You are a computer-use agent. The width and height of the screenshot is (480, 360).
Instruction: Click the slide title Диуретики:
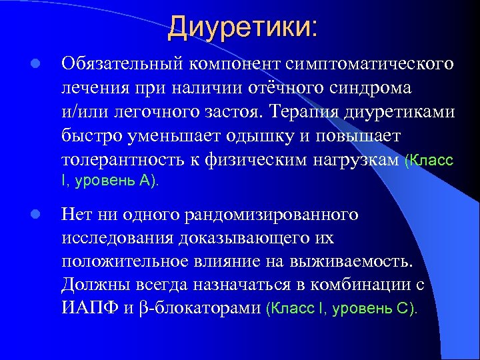coord(243,27)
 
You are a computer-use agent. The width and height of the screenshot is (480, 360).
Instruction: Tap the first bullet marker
coord(37,64)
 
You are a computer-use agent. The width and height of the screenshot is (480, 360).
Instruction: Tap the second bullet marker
coord(37,215)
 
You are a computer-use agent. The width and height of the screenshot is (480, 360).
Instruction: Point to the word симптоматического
coord(370,64)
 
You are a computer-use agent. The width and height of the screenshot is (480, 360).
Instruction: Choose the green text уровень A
coord(115,180)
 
